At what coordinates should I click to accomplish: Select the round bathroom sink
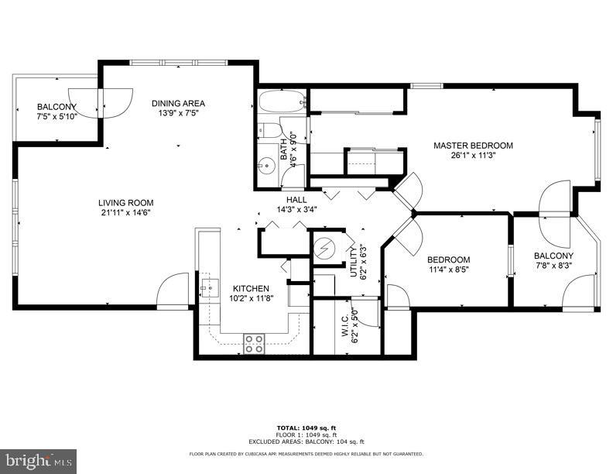(x=267, y=164)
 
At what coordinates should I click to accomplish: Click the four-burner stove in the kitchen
(x=254, y=343)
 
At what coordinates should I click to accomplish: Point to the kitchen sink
(x=206, y=290)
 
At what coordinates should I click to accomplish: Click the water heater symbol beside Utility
(x=325, y=249)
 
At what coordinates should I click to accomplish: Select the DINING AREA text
(x=178, y=103)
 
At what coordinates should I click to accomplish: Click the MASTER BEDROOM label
(x=473, y=145)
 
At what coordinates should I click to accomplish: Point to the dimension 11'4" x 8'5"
(x=450, y=270)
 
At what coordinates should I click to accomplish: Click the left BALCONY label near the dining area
(x=57, y=107)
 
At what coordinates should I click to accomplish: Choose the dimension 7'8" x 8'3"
(x=553, y=266)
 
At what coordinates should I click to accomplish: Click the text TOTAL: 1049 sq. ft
(x=306, y=428)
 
